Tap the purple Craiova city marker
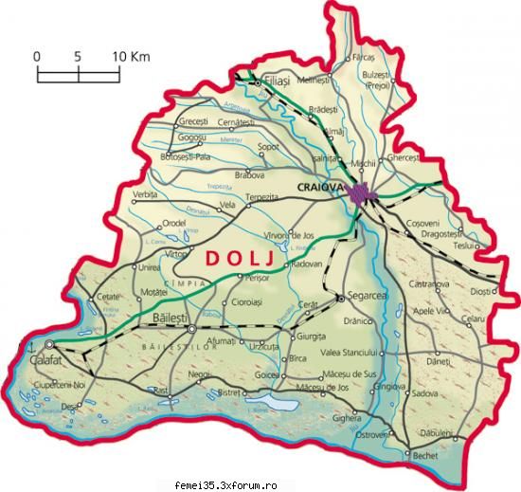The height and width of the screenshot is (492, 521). (x=360, y=194)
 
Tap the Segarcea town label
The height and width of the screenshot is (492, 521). (x=368, y=297)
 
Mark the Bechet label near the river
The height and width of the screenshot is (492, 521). (x=424, y=457)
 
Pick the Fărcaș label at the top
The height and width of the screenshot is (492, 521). (x=364, y=58)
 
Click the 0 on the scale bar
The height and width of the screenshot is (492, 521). (x=38, y=56)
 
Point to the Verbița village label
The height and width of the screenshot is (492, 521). (x=147, y=193)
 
